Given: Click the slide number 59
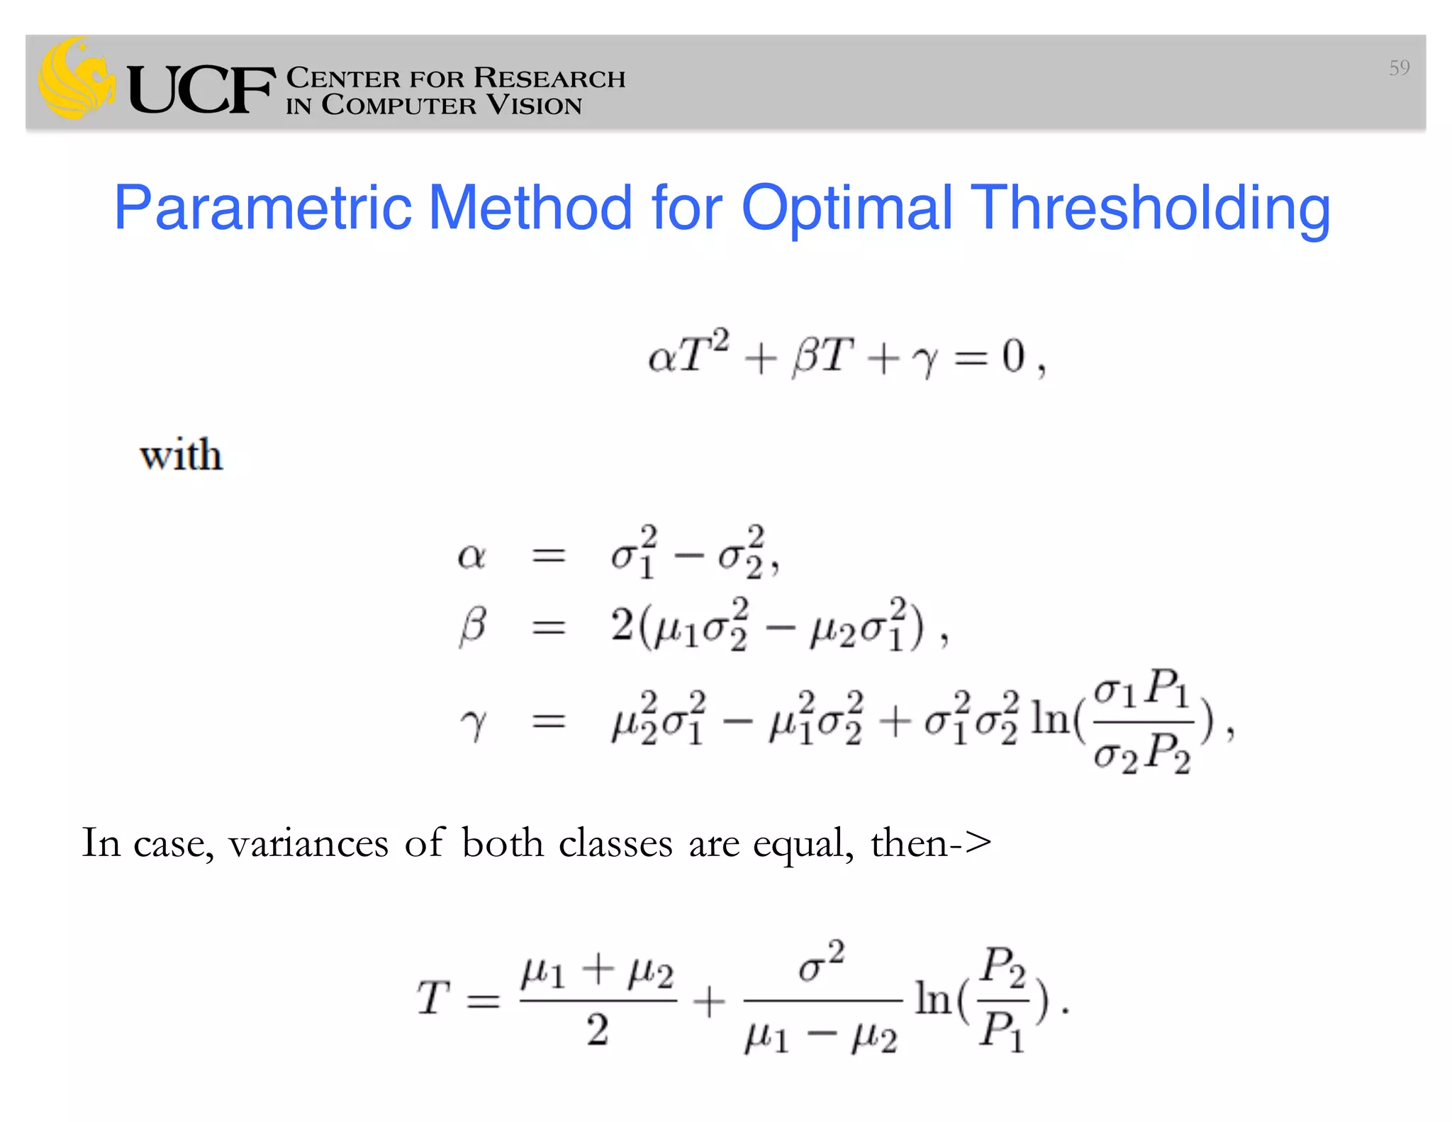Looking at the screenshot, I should [1399, 68].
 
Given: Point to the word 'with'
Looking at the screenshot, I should [181, 455].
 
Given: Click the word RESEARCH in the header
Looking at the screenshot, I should [549, 78].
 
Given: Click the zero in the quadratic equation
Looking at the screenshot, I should [1013, 356].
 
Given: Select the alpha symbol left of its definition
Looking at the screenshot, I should [471, 556].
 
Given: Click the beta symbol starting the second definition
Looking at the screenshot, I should [473, 627].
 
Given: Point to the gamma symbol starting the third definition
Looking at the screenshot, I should [474, 723].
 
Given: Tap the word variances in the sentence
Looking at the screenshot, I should [308, 843].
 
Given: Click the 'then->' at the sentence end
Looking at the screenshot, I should [931, 843].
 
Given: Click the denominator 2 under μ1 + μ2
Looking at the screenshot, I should [597, 1030].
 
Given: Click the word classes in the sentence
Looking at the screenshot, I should [615, 843].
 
